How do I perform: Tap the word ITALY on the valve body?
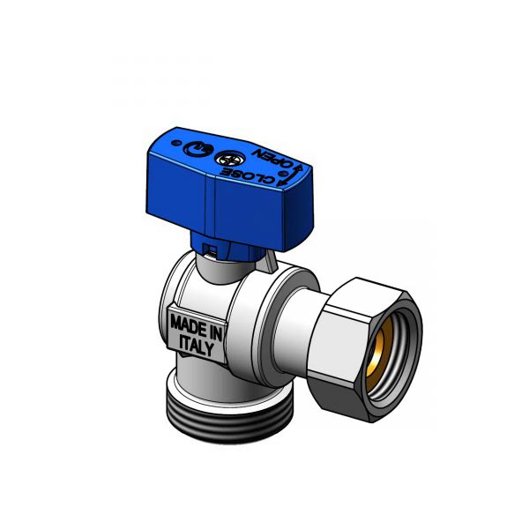197,346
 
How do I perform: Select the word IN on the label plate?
215,332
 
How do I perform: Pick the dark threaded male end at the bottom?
229,420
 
